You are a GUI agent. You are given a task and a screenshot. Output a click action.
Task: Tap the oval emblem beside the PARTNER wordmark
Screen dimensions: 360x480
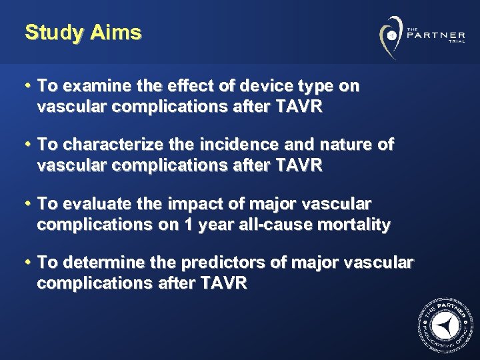(391, 34)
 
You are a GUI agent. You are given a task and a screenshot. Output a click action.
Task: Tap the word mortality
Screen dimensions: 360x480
(352, 225)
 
